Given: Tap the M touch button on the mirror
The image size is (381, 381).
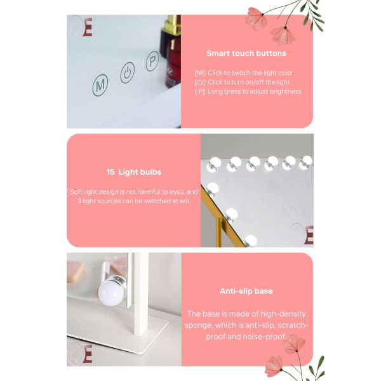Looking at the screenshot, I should [100, 86].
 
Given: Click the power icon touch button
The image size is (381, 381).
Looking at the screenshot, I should [128, 72].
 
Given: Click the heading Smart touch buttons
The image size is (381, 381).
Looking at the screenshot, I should [246, 53].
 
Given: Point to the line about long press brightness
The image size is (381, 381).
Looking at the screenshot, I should [248, 91].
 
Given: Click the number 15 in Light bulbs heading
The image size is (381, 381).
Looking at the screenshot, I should [110, 172].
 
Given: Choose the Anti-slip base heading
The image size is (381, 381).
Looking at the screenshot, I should [246, 291].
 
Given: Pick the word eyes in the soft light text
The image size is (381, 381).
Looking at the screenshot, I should [179, 191].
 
